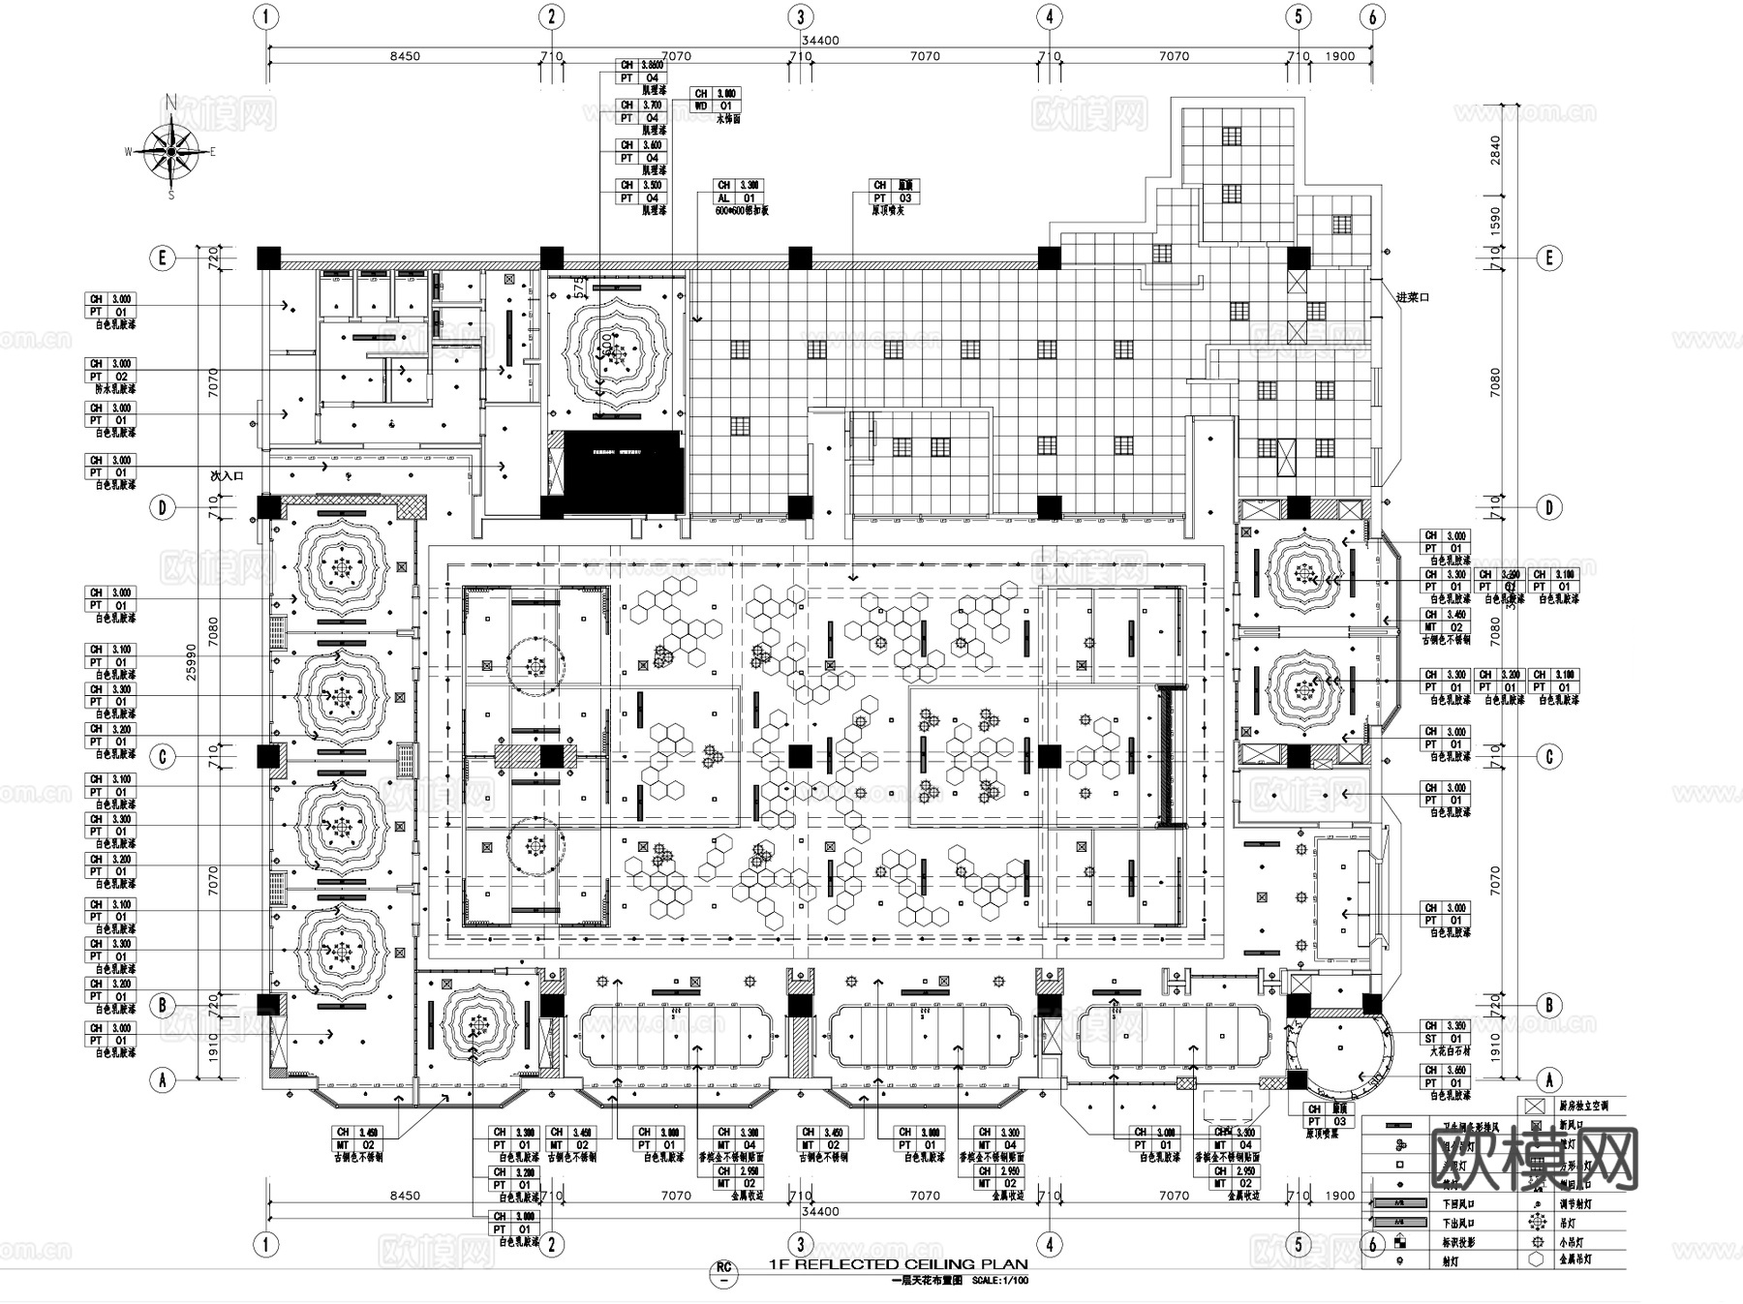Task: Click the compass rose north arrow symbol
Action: (172, 150)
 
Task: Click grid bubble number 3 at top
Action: (800, 16)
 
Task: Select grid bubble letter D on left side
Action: (163, 507)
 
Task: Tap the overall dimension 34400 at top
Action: (820, 41)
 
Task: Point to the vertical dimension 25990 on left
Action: (191, 662)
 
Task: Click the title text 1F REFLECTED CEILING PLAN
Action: (898, 1264)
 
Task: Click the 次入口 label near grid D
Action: (227, 476)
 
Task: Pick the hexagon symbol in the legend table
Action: (1536, 1259)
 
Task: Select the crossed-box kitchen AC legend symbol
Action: (1535, 1106)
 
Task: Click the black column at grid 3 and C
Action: (800, 756)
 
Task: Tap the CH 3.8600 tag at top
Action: (640, 65)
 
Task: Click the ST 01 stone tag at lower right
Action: (1444, 1039)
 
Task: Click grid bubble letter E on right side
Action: (1549, 258)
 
